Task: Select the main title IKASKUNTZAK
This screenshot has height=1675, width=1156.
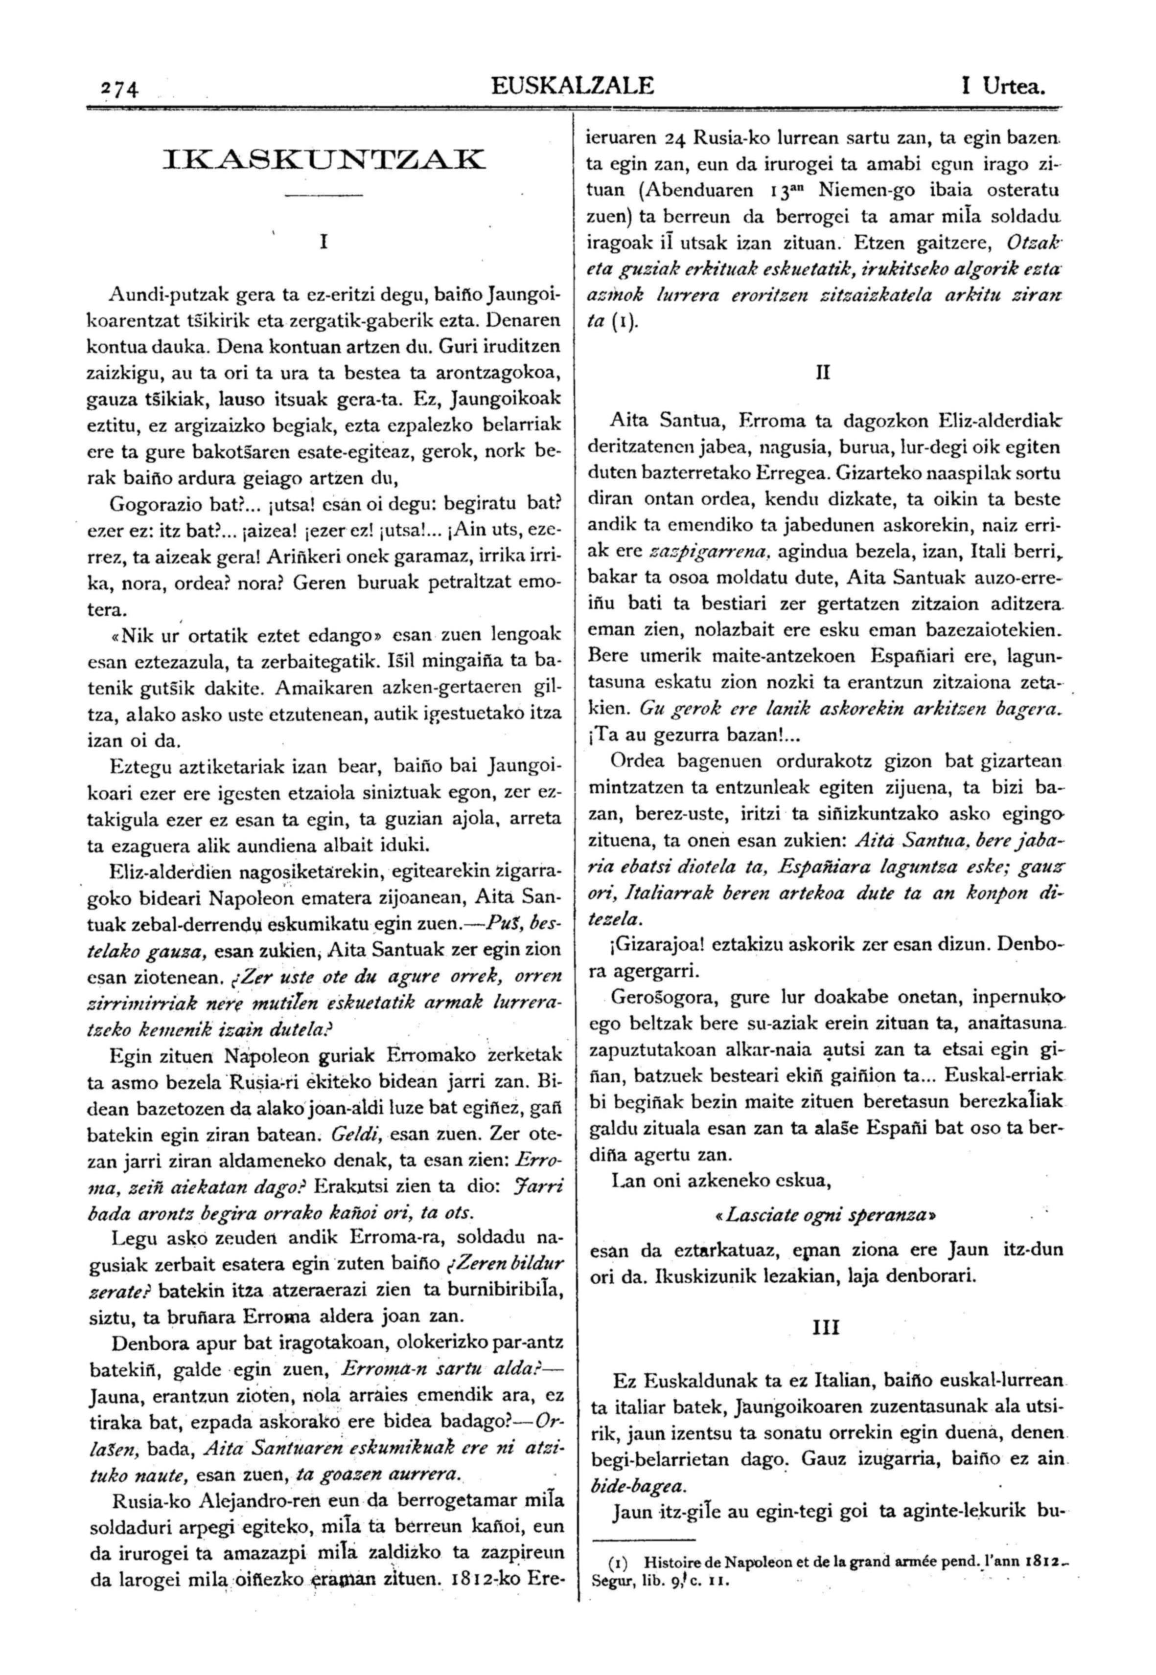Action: point(323,159)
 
